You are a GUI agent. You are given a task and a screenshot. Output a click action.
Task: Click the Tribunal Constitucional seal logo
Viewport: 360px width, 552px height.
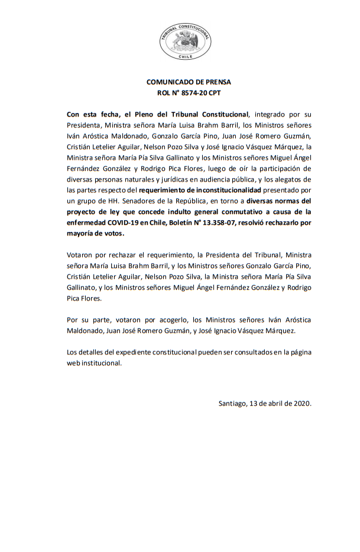(185, 37)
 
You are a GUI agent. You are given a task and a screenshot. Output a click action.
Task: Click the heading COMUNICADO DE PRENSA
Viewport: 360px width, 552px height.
(189, 82)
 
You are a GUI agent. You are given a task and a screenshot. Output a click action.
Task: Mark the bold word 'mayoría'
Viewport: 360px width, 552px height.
(81, 234)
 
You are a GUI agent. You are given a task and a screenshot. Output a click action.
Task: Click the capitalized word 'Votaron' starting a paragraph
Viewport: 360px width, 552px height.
(80, 256)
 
